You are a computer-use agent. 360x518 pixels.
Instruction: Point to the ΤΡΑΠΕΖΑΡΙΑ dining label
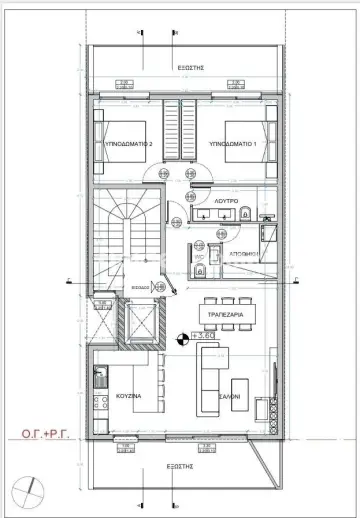tap(227, 314)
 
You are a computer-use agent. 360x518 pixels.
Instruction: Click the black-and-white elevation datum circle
tap(180, 339)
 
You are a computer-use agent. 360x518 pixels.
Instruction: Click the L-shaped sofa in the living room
tap(212, 375)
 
